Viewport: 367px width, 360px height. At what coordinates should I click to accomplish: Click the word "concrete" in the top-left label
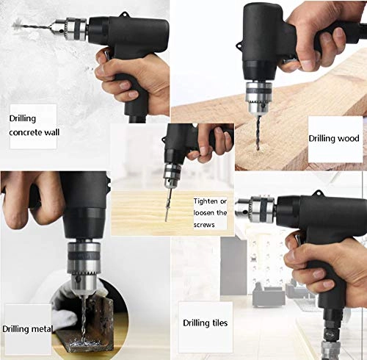pyautogui.click(x=26, y=132)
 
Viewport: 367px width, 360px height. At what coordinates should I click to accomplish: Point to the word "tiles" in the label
pyautogui.click(x=219, y=323)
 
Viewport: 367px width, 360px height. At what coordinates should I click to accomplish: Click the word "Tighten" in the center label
pyautogui.click(x=206, y=201)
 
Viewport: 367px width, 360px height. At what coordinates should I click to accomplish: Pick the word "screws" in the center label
pyautogui.click(x=204, y=225)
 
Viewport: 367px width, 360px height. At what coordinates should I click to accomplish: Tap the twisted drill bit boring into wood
pyautogui.click(x=258, y=132)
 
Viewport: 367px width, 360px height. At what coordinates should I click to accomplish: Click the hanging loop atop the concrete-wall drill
pyautogui.click(x=126, y=15)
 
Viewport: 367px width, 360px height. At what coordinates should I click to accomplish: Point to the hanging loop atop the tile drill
pyautogui.click(x=319, y=193)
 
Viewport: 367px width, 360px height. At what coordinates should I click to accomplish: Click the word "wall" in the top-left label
pyautogui.click(x=51, y=132)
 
